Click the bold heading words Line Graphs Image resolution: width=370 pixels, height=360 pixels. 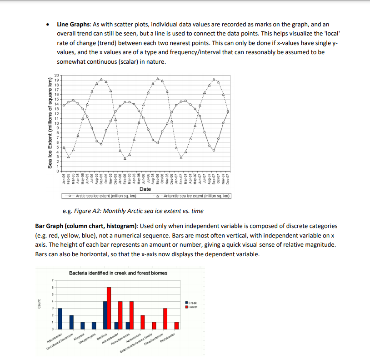click(x=74, y=24)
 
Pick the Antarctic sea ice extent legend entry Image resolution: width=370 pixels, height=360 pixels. click(x=193, y=196)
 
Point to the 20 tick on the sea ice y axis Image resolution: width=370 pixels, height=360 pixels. click(x=57, y=75)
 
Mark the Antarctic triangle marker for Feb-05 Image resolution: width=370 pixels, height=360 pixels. click(x=69, y=157)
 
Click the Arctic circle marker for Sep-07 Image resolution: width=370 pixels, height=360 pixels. click(x=214, y=150)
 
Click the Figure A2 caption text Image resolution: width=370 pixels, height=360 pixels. click(x=133, y=211)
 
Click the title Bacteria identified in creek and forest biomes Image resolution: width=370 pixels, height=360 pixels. click(x=118, y=273)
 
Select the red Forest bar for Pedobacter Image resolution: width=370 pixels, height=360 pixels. click(x=177, y=325)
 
